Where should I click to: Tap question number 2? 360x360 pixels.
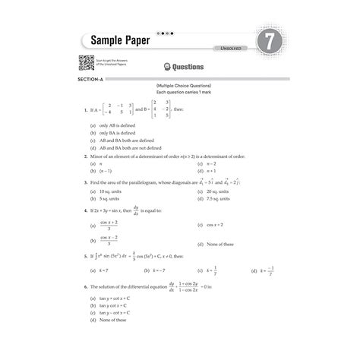(x=87, y=154)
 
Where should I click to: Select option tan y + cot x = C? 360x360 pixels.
(x=118, y=300)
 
